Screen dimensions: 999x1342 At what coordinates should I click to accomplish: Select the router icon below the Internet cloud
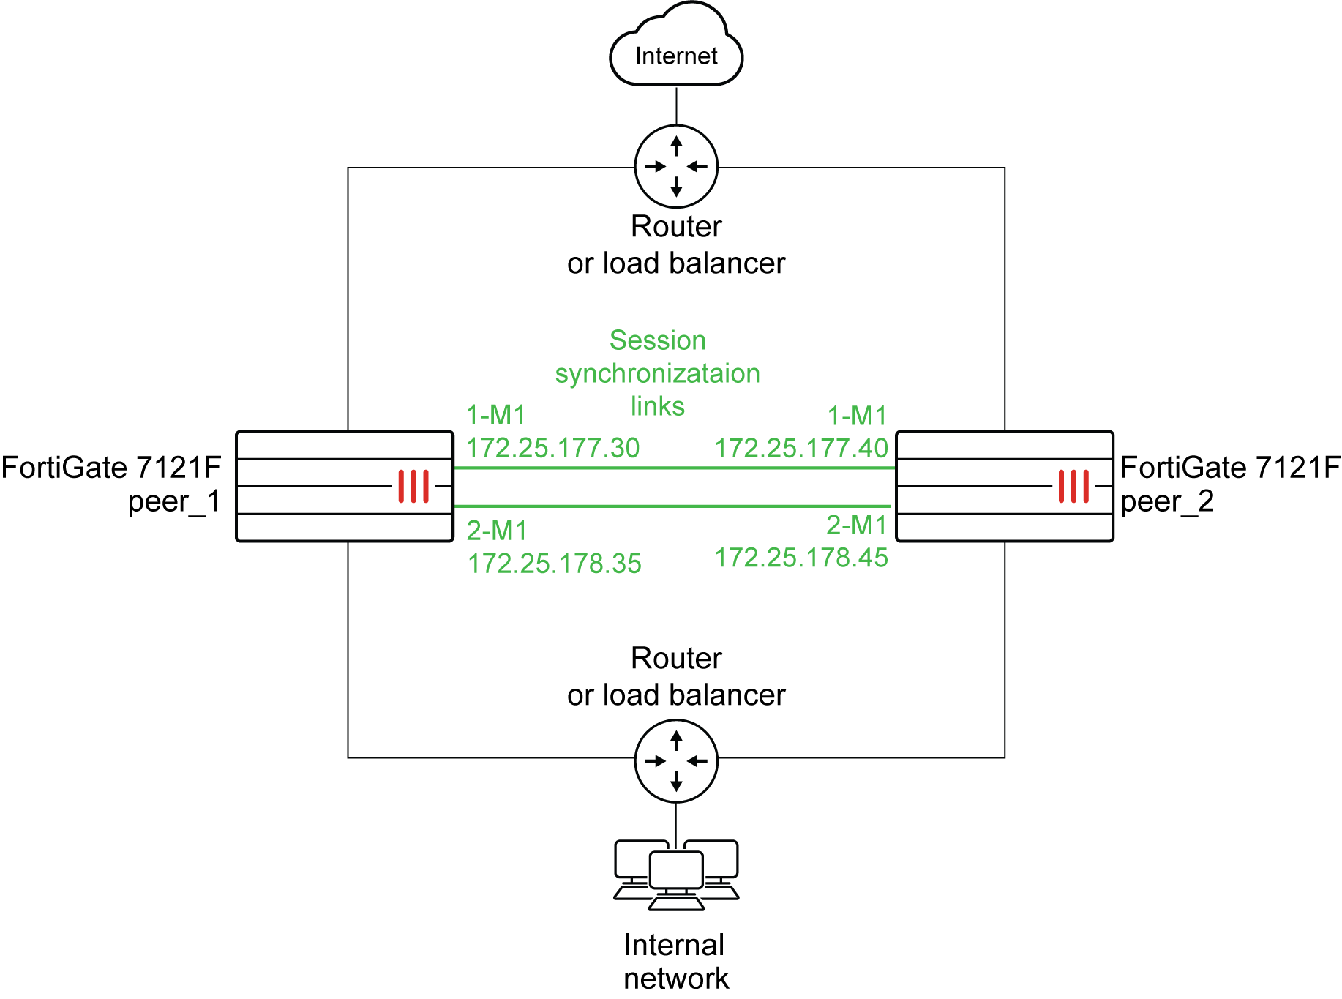676,167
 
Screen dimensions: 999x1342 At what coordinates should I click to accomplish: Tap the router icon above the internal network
676,761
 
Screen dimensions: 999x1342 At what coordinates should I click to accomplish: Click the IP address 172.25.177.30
553,448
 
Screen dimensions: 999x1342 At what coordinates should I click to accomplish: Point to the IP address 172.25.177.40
801,448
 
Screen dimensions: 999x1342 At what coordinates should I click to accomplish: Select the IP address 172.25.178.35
554,564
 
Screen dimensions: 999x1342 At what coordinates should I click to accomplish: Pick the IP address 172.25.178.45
801,558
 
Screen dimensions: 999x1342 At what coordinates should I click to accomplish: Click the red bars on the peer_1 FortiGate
413,486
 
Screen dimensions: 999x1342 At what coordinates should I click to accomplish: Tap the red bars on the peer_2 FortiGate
1073,486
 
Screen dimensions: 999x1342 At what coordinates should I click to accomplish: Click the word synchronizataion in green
657,374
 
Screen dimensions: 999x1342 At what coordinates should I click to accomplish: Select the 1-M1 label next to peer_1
496,416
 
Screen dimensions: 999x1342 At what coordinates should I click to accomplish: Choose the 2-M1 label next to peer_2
856,525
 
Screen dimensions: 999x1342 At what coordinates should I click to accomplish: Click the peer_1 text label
174,502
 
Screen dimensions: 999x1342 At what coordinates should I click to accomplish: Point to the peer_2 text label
1166,502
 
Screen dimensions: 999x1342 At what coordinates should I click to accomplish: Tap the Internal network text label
675,961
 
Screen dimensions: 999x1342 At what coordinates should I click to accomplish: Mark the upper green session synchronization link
673,468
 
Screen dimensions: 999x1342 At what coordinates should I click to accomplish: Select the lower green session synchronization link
673,506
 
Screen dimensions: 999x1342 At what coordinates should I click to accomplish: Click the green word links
657,406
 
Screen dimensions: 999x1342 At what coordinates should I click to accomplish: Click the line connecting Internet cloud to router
676,106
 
